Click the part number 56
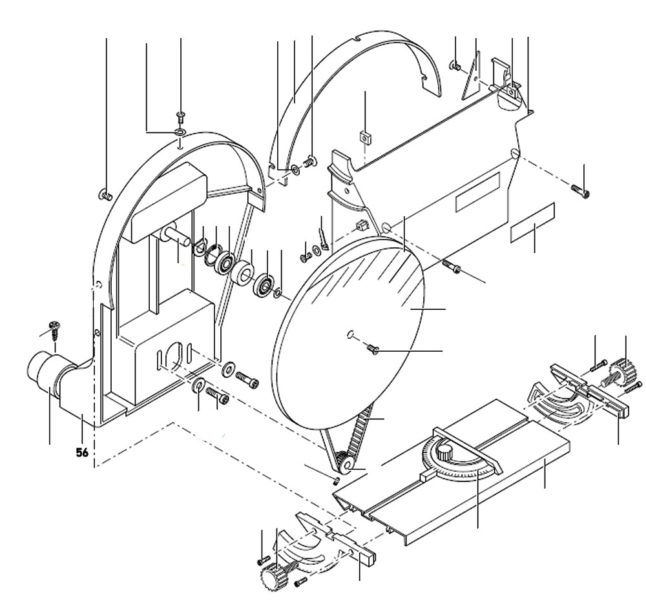click(82, 453)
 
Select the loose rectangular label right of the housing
click(533, 223)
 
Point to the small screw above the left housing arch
click(180, 117)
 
